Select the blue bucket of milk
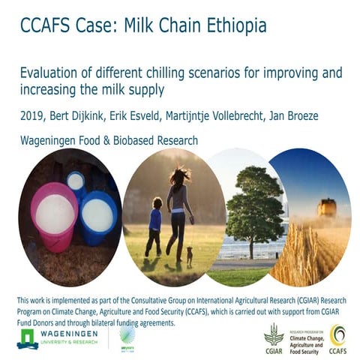click(x=97, y=216)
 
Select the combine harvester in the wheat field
click(x=326, y=207)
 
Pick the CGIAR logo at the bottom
click(x=274, y=335)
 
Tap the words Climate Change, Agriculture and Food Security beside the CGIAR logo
click(x=305, y=335)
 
